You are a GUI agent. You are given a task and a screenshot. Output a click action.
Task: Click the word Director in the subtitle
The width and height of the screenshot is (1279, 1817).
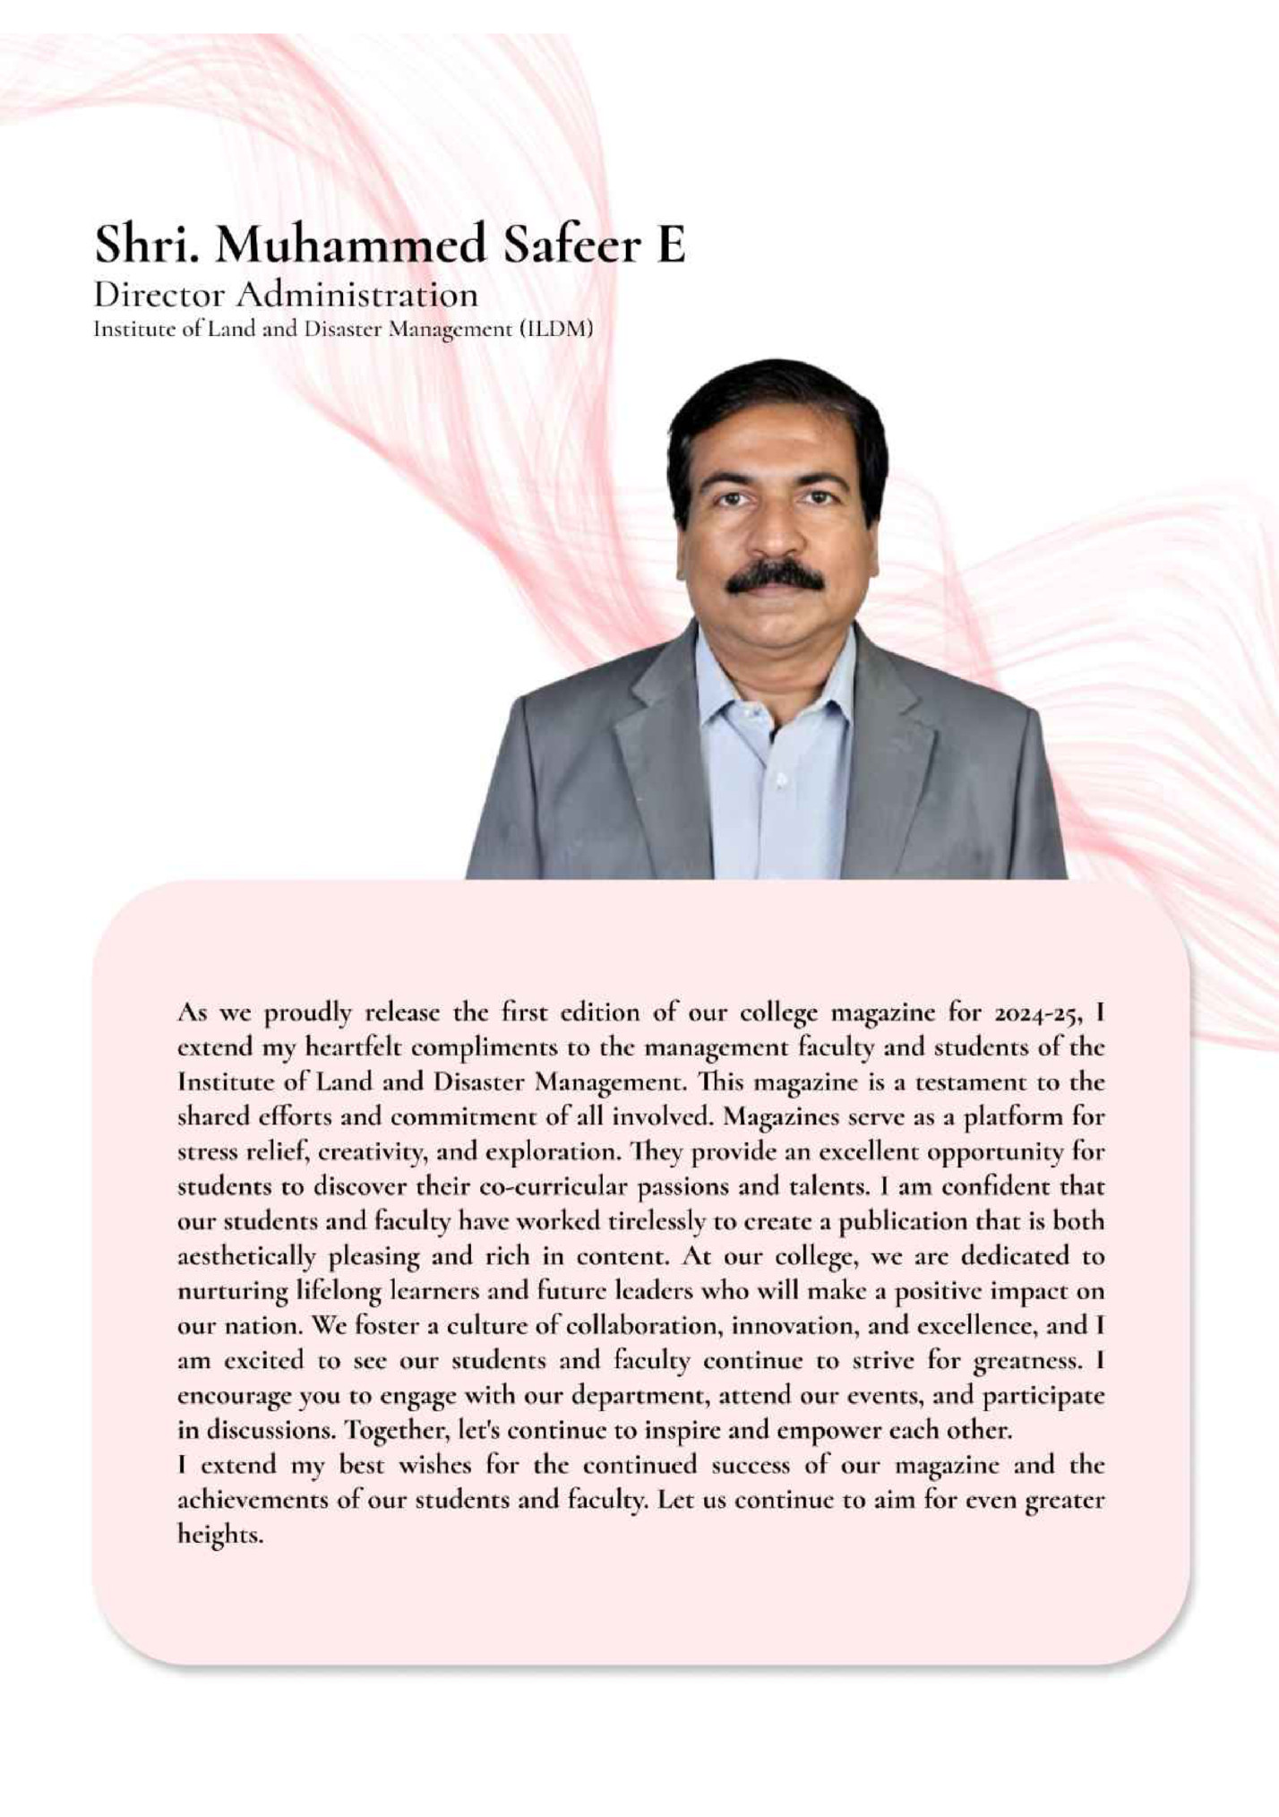click(x=159, y=294)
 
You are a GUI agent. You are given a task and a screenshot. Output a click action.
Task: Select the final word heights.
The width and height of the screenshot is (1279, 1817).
click(x=220, y=1535)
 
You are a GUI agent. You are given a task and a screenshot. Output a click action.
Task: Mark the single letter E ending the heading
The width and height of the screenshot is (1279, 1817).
click(x=671, y=244)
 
